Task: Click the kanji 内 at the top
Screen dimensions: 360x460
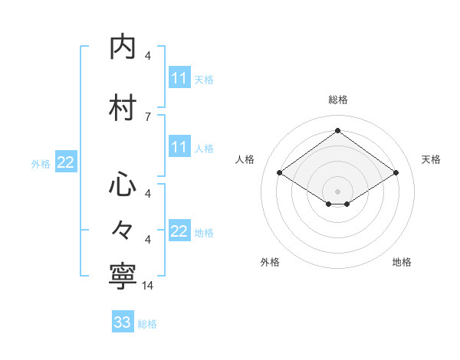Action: pos(123,47)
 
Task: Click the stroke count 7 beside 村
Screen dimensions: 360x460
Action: pos(148,116)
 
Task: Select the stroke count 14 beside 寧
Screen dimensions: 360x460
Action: pos(148,285)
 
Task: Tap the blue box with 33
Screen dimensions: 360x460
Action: pos(122,322)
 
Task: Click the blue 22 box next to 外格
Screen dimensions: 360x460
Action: pos(65,162)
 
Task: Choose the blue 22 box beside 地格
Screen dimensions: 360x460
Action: pos(179,231)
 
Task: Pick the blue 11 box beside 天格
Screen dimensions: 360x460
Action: pos(179,78)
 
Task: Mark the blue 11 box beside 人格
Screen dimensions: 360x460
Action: pos(179,147)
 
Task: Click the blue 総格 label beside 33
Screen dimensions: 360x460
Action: pos(147,323)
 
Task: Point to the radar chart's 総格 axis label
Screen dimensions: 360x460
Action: pos(337,100)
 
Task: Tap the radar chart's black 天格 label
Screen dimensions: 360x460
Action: pos(431,159)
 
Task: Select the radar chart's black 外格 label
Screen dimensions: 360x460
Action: pos(270,262)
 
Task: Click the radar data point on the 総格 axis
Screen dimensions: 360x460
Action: pos(337,130)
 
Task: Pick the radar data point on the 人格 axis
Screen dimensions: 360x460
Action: pos(279,173)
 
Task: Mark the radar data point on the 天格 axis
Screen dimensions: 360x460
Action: pos(396,173)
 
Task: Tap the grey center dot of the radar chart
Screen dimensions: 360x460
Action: pos(337,191)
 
